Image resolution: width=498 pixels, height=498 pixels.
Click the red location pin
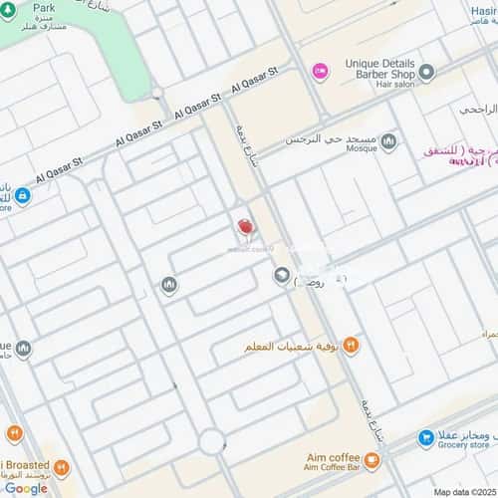(245, 227)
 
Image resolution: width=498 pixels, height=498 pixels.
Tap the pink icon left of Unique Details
(320, 70)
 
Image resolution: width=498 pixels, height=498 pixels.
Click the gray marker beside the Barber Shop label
(426, 72)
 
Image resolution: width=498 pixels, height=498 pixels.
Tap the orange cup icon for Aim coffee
(372, 460)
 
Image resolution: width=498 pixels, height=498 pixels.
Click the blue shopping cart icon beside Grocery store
(426, 436)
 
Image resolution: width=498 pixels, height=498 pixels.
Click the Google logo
(25, 488)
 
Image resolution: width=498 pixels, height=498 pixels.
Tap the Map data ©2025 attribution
(464, 490)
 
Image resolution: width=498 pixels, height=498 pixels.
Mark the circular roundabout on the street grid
(211, 441)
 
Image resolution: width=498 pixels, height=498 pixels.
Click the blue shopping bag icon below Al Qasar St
(22, 195)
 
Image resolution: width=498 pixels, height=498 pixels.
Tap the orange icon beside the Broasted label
(61, 465)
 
